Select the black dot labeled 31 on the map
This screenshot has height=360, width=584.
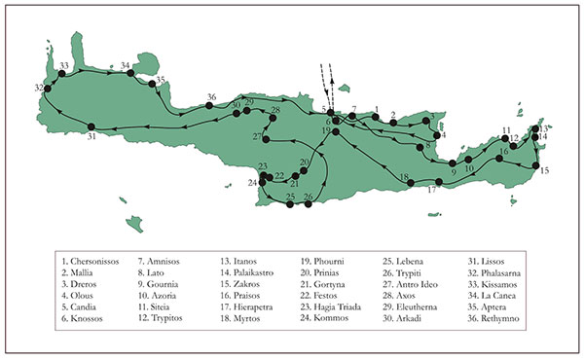91,126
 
